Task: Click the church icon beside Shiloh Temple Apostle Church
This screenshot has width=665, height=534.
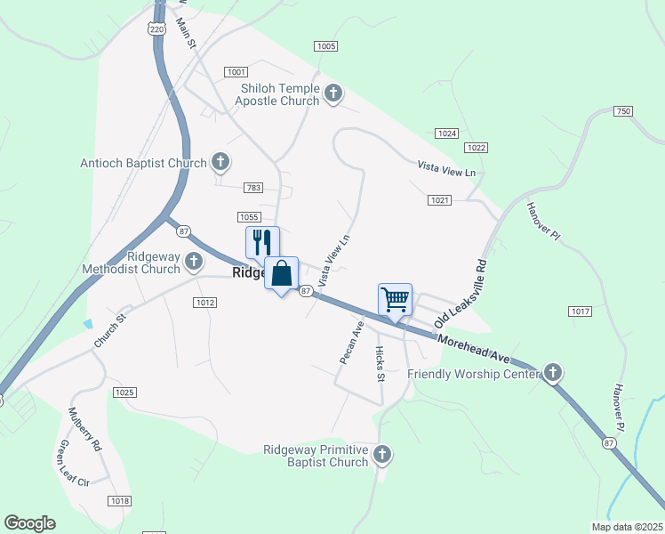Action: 333,93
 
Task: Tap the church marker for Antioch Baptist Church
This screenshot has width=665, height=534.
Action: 220,163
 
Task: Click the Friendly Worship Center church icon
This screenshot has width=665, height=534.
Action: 553,373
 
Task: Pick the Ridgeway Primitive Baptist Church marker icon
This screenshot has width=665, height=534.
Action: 382,455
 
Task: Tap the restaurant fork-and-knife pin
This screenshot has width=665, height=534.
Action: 262,242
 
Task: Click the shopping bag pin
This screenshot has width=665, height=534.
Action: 282,274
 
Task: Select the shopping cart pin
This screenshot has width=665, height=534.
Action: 395,300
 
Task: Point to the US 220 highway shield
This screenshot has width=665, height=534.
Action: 157,29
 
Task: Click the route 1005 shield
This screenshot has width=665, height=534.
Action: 326,46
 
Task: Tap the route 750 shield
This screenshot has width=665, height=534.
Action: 622,111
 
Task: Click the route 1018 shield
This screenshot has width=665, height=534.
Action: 119,502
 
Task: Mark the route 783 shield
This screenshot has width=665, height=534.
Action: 254,187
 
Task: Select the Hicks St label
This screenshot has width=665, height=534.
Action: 380,364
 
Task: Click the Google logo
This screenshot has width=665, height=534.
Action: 29,523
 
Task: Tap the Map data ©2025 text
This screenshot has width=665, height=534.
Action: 627,527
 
